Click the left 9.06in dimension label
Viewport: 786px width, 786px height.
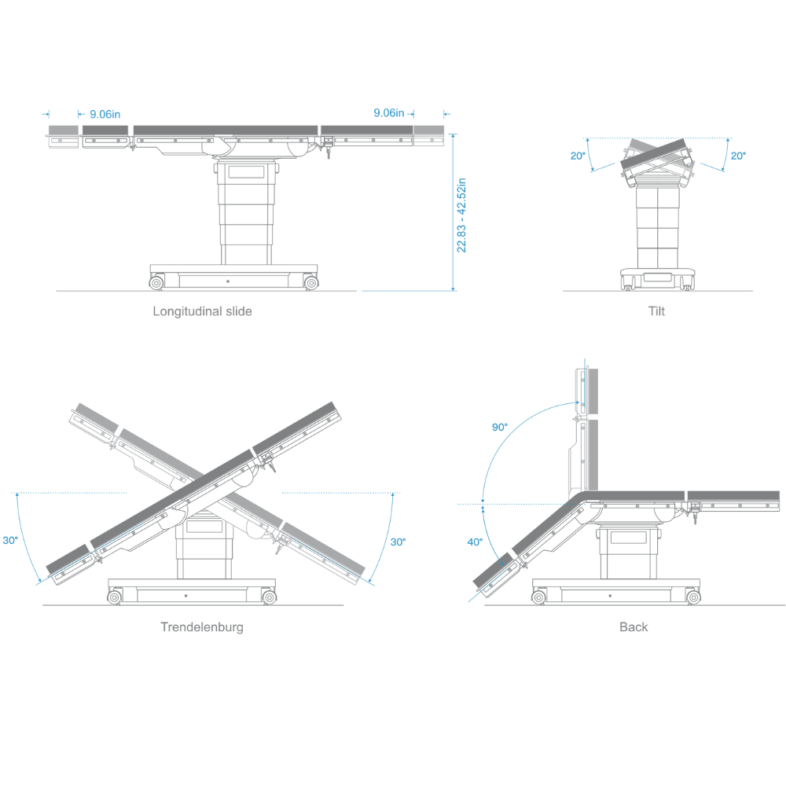pyautogui.click(x=105, y=114)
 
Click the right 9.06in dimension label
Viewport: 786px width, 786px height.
pyautogui.click(x=389, y=112)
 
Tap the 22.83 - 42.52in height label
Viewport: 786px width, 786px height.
pyautogui.click(x=461, y=215)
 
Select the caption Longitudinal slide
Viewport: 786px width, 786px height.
pyautogui.click(x=202, y=311)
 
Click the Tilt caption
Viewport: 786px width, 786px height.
pyautogui.click(x=656, y=311)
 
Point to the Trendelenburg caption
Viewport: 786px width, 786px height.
pyautogui.click(x=202, y=627)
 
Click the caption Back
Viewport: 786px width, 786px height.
pyautogui.click(x=634, y=627)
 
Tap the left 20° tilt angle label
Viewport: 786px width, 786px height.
pyautogui.click(x=578, y=156)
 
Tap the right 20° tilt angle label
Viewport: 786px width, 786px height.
pyautogui.click(x=738, y=156)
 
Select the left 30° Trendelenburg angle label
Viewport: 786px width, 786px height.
pyautogui.click(x=10, y=541)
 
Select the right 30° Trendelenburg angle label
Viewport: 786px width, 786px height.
pyautogui.click(x=398, y=542)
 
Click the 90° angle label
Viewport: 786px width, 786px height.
pyautogui.click(x=499, y=427)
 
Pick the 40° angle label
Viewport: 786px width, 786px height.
pyautogui.click(x=475, y=542)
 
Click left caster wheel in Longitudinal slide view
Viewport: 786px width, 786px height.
pyautogui.click(x=156, y=283)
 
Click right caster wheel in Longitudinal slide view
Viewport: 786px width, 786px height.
pyautogui.click(x=311, y=283)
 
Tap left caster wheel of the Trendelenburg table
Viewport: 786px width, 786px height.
pyautogui.click(x=114, y=597)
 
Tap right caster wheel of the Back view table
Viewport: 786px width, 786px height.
pyautogui.click(x=693, y=597)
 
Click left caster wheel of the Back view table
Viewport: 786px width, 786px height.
pyautogui.click(x=539, y=597)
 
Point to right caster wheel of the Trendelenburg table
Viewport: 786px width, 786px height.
pyautogui.click(x=269, y=597)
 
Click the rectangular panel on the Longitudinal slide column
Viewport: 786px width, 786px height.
pyautogui.click(x=246, y=172)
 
